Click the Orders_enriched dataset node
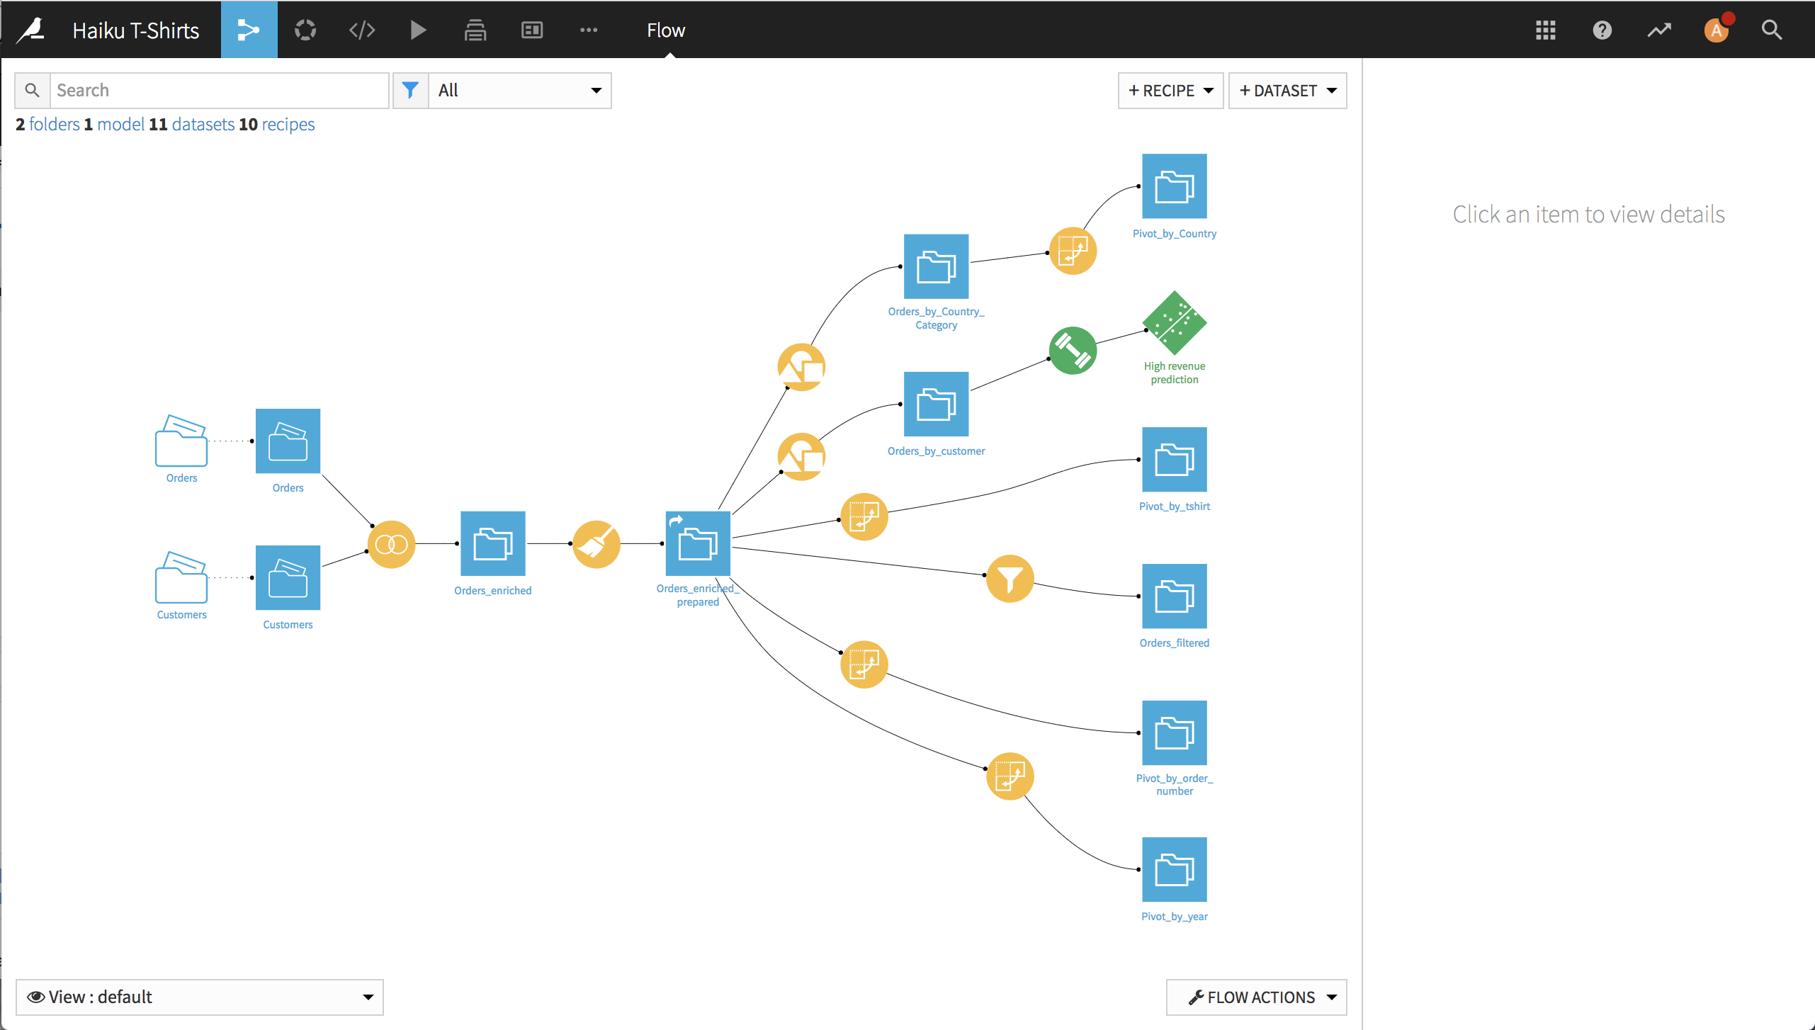click(x=492, y=543)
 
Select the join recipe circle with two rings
click(x=391, y=544)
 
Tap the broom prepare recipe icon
click(x=596, y=544)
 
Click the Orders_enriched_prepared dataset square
click(x=698, y=543)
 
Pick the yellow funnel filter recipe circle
click(x=1010, y=579)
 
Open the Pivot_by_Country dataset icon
click(x=1175, y=186)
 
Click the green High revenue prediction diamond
click(x=1175, y=323)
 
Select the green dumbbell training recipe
click(x=1073, y=351)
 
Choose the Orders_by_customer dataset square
click(x=936, y=404)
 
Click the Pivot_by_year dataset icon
click(x=1175, y=870)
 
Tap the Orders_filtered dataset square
click(x=1175, y=596)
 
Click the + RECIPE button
click(x=1170, y=91)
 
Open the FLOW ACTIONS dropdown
click(x=1256, y=997)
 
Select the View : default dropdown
click(x=200, y=997)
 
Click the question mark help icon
click(x=1602, y=30)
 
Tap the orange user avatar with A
click(x=1716, y=30)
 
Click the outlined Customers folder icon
click(x=181, y=577)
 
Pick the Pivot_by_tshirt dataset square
click(x=1175, y=460)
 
